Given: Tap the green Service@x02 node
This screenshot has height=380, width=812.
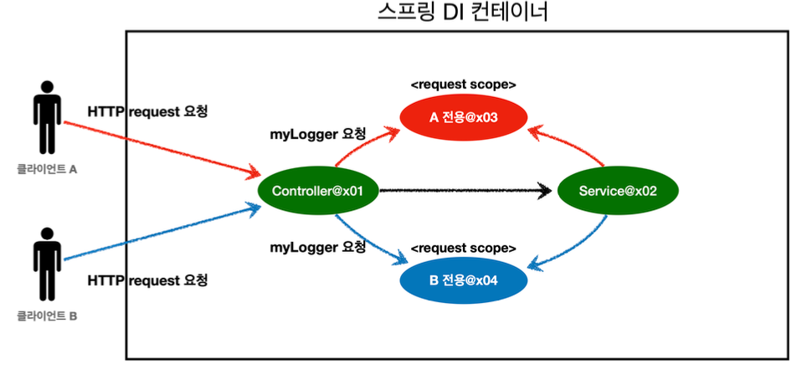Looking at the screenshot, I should [618, 191].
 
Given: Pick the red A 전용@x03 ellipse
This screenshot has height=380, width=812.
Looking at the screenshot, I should [463, 118].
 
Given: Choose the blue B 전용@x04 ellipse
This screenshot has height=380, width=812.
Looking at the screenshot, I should [463, 280].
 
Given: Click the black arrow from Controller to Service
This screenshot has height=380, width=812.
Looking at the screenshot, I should [465, 192].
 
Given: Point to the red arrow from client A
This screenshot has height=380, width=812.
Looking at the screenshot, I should [159, 149].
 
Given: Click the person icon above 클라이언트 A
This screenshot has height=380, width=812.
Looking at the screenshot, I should [47, 117].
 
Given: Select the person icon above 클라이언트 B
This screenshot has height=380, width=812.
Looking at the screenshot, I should [47, 266].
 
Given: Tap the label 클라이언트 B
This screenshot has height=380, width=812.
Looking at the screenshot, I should [47, 317].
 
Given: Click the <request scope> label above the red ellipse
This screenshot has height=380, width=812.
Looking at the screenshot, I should [463, 85].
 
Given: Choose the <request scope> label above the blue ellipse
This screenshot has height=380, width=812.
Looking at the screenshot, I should [463, 249].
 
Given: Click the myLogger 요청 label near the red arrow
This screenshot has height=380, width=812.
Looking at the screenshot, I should [317, 134].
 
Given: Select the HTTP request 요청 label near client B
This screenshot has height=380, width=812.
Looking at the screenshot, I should [147, 280].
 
